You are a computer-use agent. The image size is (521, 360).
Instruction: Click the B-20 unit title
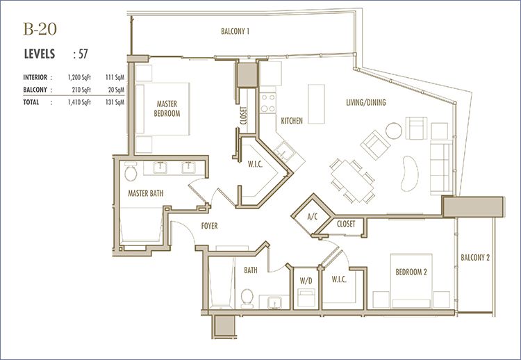(x=40, y=29)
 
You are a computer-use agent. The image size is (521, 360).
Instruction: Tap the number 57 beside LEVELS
(x=83, y=54)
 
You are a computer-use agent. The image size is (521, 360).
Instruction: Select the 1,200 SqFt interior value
(x=79, y=77)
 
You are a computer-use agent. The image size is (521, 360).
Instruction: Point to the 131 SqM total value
(x=115, y=102)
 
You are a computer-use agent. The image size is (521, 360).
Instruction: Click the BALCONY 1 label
(x=235, y=31)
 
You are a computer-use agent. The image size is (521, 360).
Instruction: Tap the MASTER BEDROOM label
(x=167, y=108)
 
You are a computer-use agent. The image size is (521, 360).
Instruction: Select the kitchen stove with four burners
(x=268, y=103)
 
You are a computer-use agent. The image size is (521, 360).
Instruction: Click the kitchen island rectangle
(x=316, y=104)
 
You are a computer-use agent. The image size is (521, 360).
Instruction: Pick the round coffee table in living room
(x=394, y=131)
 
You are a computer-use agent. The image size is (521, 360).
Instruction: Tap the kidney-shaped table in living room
(x=409, y=174)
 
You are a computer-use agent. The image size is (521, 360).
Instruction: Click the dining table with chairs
(x=352, y=181)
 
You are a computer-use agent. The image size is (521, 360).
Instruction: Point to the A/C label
(x=313, y=217)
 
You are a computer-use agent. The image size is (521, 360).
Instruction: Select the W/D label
(x=306, y=281)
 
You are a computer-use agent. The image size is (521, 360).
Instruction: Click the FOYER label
(x=209, y=226)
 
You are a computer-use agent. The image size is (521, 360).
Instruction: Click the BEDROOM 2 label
(x=411, y=272)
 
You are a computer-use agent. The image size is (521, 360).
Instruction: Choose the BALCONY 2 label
(x=475, y=257)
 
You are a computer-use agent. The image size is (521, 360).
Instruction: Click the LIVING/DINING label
(x=366, y=102)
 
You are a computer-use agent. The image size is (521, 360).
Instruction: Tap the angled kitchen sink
(x=284, y=152)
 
